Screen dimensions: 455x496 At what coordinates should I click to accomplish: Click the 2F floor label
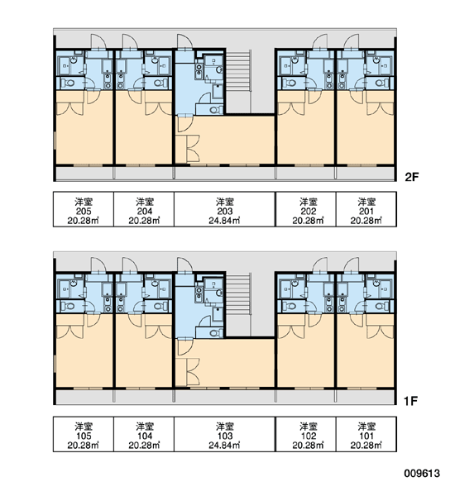point(412,177)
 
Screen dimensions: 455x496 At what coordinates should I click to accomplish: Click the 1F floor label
point(410,401)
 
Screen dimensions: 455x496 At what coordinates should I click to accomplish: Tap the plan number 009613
point(422,473)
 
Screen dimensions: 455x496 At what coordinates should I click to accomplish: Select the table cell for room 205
point(84,209)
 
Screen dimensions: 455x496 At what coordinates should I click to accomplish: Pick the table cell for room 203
point(225,209)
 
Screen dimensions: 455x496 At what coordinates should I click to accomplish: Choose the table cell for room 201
point(366,209)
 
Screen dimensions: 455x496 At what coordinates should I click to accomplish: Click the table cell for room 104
point(144,434)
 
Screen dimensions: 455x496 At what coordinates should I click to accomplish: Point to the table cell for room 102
point(309,434)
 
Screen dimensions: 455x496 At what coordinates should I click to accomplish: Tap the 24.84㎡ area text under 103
point(224,446)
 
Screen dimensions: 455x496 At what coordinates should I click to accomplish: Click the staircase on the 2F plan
point(239,81)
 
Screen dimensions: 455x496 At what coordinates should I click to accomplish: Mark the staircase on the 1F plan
point(239,304)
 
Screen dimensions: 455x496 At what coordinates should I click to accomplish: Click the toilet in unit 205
point(68,83)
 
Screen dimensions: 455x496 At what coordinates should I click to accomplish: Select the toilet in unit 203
point(215,110)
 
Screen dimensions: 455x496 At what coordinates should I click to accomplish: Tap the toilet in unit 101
point(380,306)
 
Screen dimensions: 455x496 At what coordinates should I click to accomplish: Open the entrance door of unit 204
point(129,42)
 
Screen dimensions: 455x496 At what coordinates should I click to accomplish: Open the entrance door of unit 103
point(184,265)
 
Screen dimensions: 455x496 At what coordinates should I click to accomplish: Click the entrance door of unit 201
point(352,42)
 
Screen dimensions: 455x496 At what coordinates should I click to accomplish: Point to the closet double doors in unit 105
point(70,331)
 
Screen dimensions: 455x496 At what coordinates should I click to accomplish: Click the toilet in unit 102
point(290,306)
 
